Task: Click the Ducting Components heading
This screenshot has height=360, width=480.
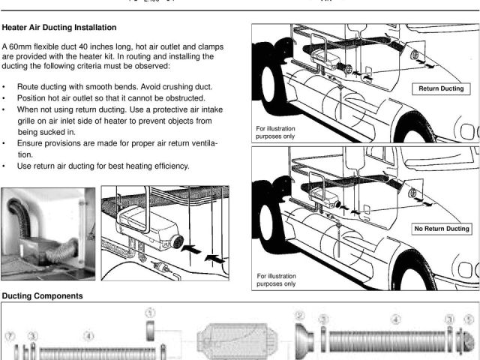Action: point(42,296)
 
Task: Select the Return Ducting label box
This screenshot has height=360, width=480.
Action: point(441,89)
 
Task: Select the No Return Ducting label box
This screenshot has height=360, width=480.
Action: point(441,228)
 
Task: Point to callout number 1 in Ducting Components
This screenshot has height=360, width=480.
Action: point(150,312)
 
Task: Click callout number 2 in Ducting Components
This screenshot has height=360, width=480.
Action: point(299,316)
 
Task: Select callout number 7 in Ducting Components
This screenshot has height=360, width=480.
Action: point(10,334)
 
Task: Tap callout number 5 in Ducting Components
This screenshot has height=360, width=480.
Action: point(469,319)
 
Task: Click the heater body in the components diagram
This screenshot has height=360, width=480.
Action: point(237,341)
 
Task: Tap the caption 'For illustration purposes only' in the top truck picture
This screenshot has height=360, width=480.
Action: point(274,133)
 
